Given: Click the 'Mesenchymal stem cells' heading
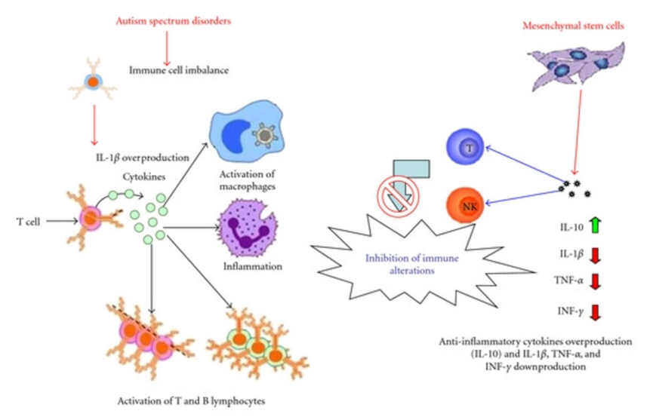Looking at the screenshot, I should pos(565,26).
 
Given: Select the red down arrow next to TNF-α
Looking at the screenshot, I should pos(596,282).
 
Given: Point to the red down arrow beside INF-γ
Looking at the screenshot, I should pos(596,311).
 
